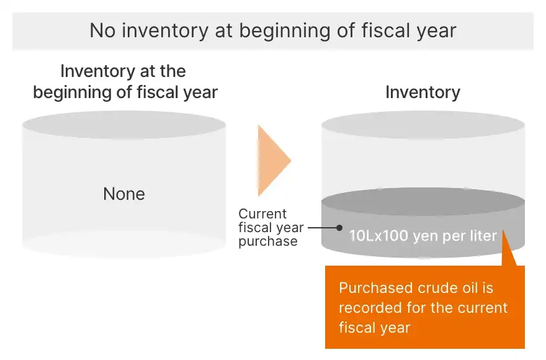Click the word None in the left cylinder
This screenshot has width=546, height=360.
(x=124, y=194)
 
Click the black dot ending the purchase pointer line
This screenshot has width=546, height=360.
(x=339, y=228)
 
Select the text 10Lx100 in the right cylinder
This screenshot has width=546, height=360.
(x=378, y=236)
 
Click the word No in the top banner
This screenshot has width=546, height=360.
(x=103, y=30)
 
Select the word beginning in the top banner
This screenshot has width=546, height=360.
(x=285, y=31)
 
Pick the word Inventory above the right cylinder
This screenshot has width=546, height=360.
(x=423, y=92)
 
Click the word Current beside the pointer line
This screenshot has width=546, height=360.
(x=262, y=214)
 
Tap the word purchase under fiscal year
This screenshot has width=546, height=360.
(x=268, y=241)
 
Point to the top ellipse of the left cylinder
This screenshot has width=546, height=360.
(x=124, y=124)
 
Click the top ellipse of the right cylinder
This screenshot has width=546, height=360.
(x=423, y=124)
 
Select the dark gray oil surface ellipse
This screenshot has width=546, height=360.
(x=423, y=202)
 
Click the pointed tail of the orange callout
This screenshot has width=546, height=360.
(x=504, y=231)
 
